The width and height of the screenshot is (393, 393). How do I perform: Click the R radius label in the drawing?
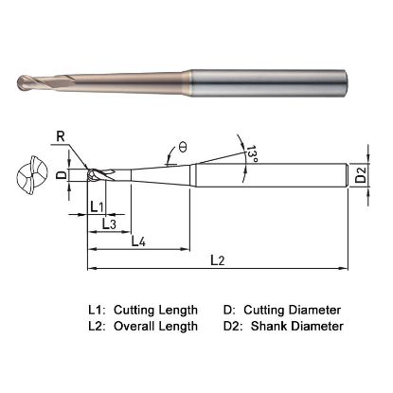[60, 138]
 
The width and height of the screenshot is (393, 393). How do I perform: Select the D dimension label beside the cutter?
[61, 175]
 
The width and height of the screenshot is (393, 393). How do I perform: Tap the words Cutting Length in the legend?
[155, 310]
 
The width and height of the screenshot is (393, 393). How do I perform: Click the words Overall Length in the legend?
[155, 327]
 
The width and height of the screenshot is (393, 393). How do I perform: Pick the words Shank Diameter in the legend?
[293, 327]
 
